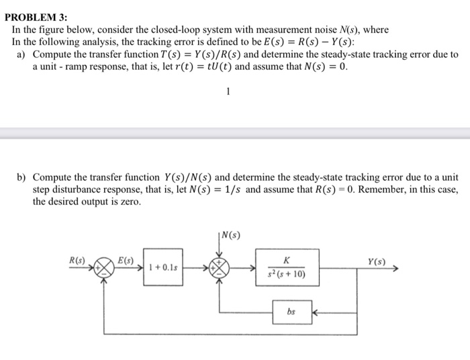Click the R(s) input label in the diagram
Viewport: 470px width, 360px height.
point(78,259)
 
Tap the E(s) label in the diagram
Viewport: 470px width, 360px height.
point(126,259)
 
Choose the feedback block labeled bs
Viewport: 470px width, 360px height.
point(291,312)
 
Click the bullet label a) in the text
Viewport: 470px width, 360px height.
point(23,54)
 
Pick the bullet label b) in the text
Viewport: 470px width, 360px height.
point(23,178)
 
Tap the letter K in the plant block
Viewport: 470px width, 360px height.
point(287,260)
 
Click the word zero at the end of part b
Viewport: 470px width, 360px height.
point(129,201)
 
